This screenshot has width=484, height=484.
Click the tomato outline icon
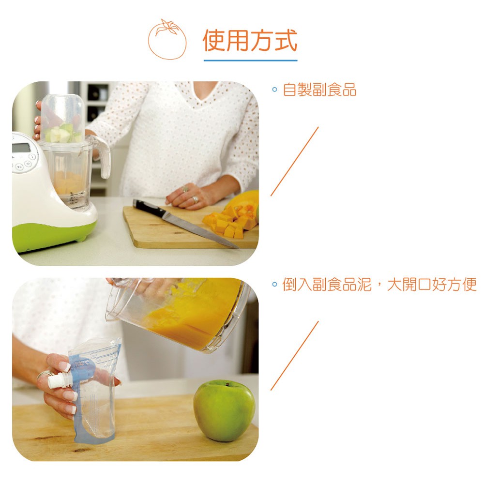click(x=167, y=40)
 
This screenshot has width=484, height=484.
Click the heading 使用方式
click(x=250, y=41)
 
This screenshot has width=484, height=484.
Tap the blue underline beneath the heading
click(x=250, y=60)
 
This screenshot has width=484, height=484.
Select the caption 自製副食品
click(x=319, y=90)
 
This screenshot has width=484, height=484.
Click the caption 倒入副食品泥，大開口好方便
click(x=379, y=284)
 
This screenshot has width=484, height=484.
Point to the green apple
click(x=225, y=410)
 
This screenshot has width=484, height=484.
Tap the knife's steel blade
click(x=201, y=229)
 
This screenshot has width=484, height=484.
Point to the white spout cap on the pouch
click(x=55, y=380)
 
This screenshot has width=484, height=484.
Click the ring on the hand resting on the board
click(x=196, y=199)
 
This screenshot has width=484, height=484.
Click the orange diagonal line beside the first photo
click(x=294, y=161)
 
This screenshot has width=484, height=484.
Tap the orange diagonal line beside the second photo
click(x=294, y=356)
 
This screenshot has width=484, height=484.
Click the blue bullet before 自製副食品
click(x=274, y=90)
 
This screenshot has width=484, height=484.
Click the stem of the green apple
click(x=227, y=384)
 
